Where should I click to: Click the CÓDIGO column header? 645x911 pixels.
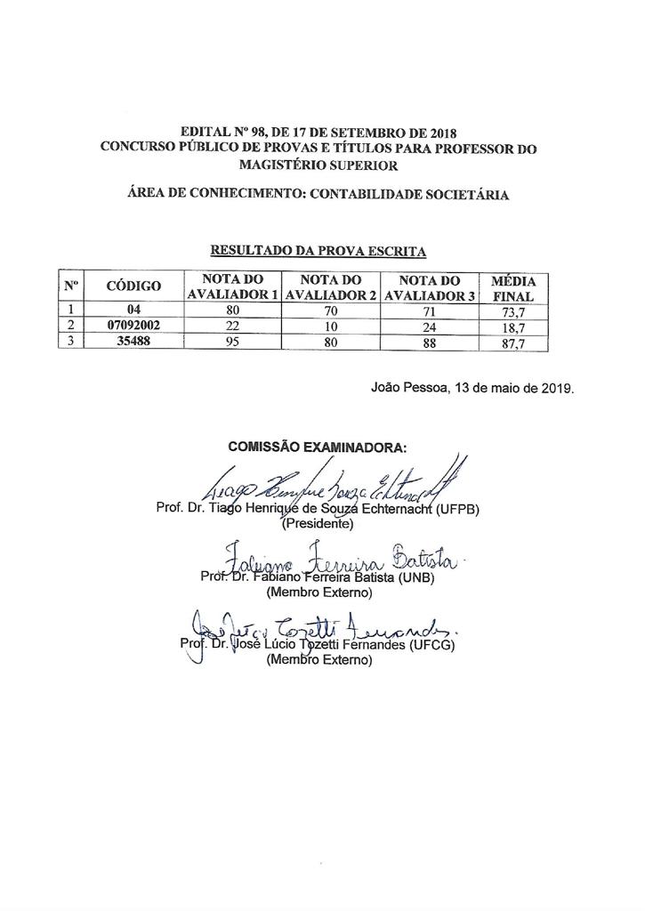pos(133,286)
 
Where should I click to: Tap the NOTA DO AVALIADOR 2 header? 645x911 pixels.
pos(331,287)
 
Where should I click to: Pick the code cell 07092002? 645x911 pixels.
pos(133,326)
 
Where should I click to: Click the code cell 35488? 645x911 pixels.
pos(133,343)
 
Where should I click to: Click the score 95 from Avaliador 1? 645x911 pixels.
pos(233,343)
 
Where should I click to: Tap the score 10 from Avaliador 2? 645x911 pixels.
pos(331,327)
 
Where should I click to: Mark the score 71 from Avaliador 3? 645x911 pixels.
pos(430,310)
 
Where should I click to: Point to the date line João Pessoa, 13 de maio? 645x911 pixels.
pos(472,389)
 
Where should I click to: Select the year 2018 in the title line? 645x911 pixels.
pos(437,133)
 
